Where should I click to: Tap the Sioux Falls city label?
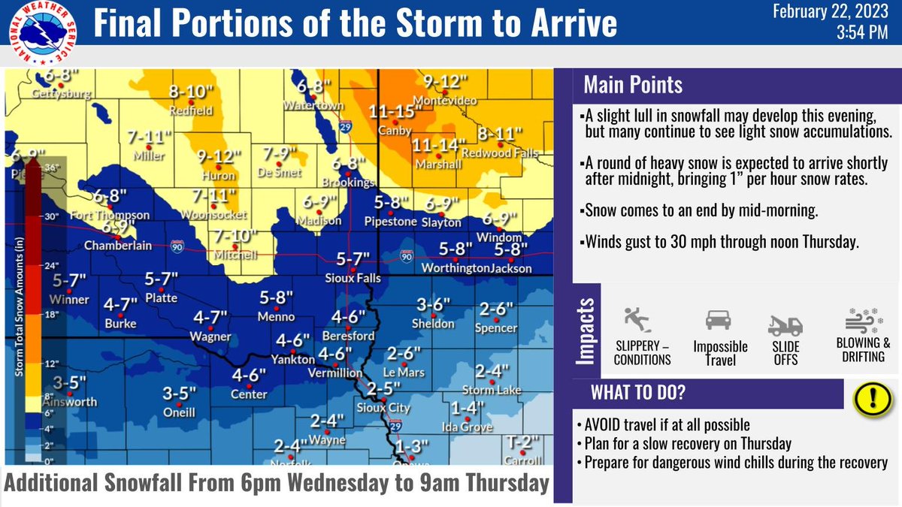(353, 278)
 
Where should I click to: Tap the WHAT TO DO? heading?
(638, 393)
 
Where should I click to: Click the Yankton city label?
(294, 360)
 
